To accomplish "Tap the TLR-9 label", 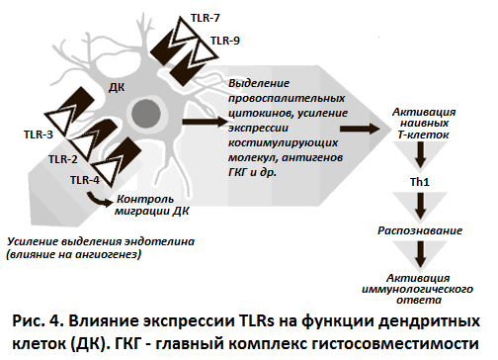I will pyautogui.click(x=225, y=41).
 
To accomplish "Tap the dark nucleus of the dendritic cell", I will pyautogui.click(x=155, y=111).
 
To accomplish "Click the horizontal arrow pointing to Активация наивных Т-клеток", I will pyautogui.click(x=361, y=129).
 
